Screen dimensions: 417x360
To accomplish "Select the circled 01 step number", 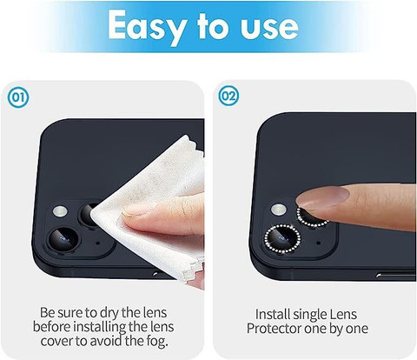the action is coord(18,97).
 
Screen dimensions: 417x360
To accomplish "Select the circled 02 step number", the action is coord(228,96).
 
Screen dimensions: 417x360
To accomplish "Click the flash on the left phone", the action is coord(60,211).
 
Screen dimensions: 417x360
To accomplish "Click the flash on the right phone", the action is coord(279,210).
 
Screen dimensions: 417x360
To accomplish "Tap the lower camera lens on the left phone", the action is coord(63,239).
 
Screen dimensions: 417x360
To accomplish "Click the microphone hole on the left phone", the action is coord(97,243).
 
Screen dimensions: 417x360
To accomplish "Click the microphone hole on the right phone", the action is coord(319,243).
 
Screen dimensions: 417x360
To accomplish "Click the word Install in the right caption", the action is coord(272,314).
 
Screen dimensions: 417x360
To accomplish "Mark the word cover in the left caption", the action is coord(56,341).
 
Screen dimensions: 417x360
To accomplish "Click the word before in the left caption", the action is coord(51,327).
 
